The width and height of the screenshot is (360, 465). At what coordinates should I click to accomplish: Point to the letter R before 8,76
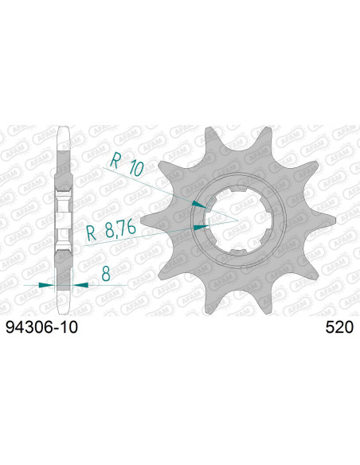(92, 232)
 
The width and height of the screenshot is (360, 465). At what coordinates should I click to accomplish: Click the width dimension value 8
(105, 273)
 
